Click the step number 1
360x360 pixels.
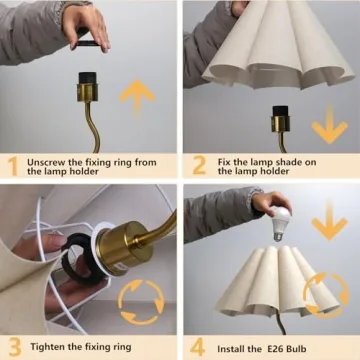[12, 165]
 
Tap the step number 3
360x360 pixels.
[12, 347]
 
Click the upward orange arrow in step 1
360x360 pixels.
[137, 98]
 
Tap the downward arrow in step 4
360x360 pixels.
[329, 228]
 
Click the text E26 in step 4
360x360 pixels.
[273, 347]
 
